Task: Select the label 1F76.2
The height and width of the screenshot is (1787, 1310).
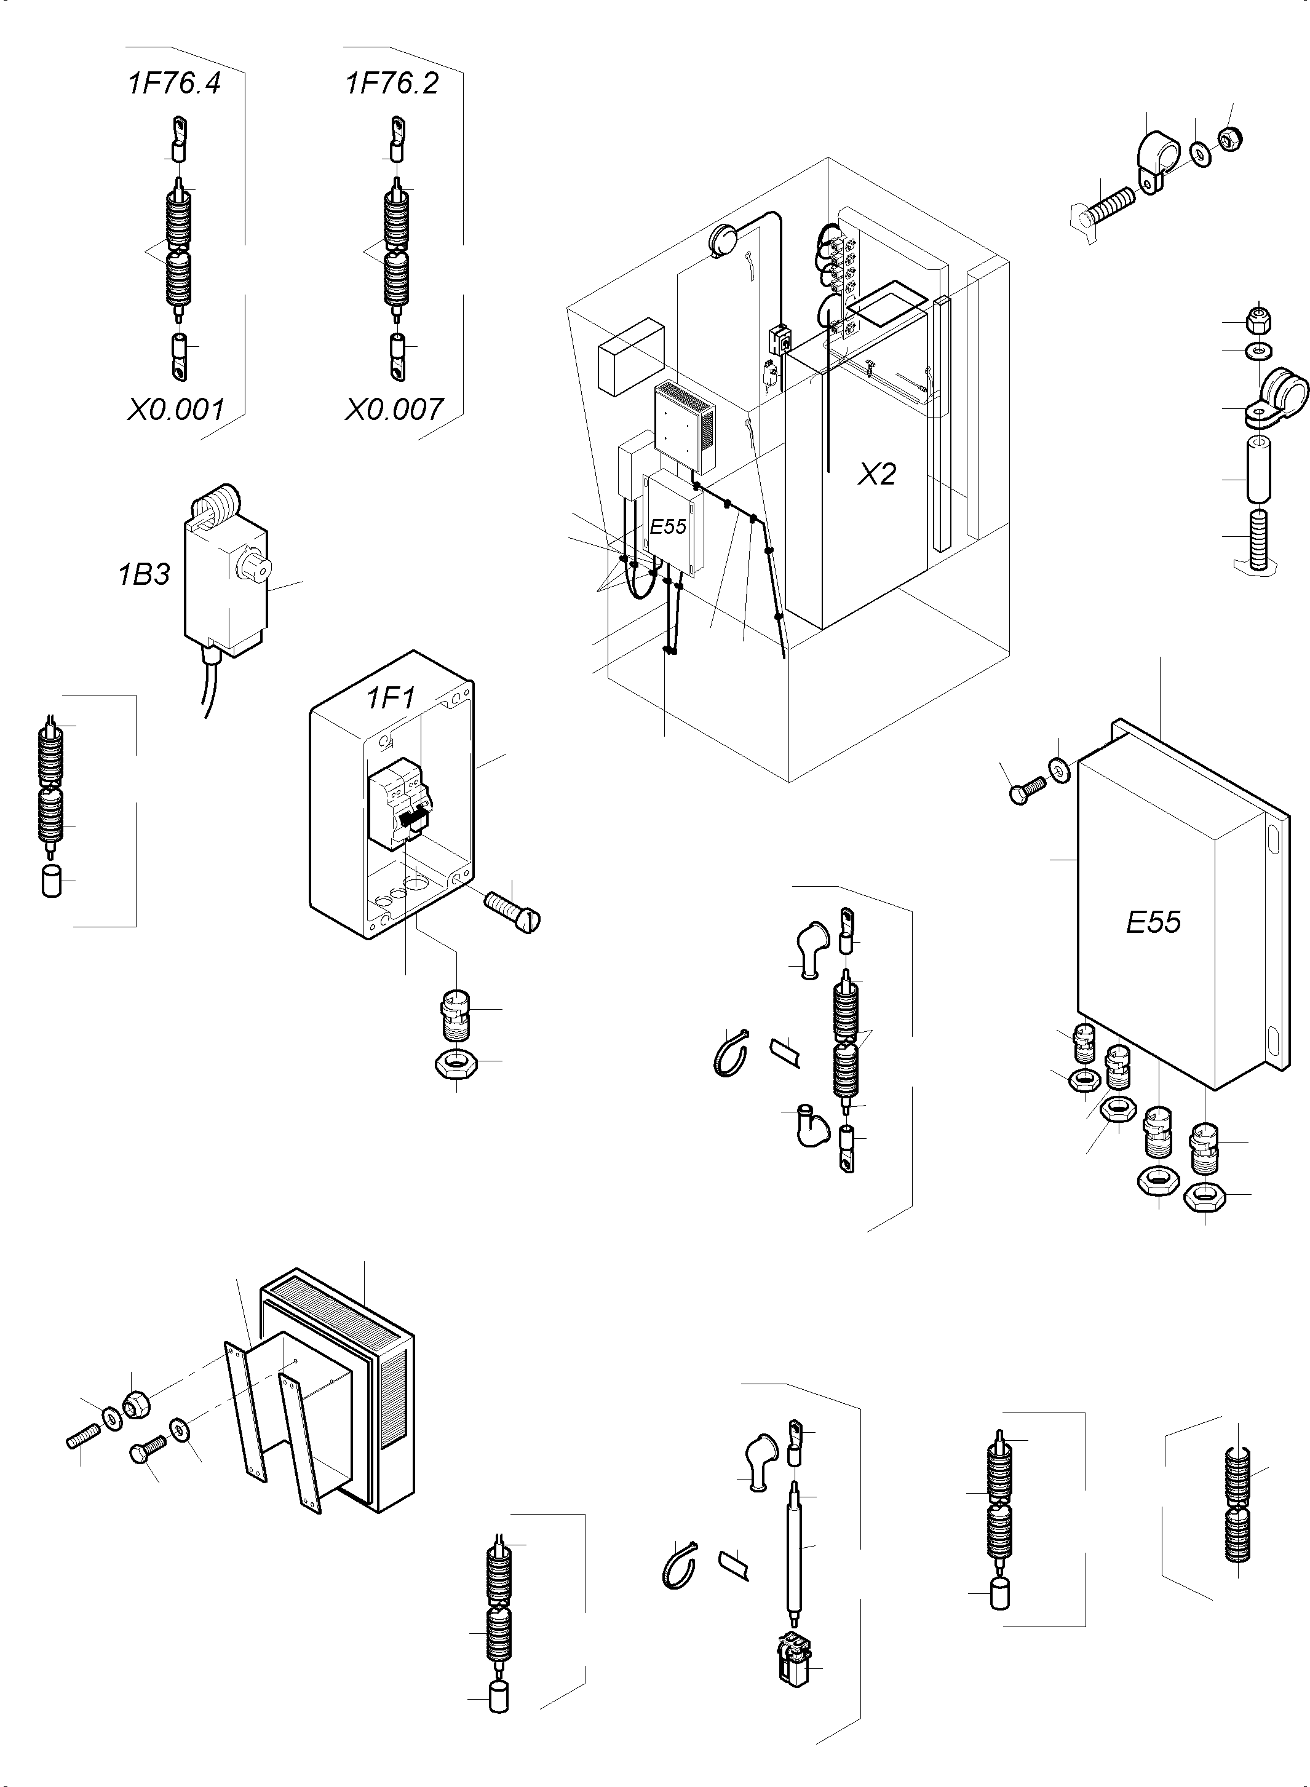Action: pos(392,83)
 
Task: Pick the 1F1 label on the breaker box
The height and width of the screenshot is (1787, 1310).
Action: pos(390,699)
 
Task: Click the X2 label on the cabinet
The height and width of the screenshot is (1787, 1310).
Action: pos(877,474)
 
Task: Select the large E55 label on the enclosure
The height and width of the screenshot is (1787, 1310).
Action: pos(1153,921)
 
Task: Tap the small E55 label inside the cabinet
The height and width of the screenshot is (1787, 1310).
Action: pos(668,526)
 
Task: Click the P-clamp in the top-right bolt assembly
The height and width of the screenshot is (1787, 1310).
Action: pos(1151,159)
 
